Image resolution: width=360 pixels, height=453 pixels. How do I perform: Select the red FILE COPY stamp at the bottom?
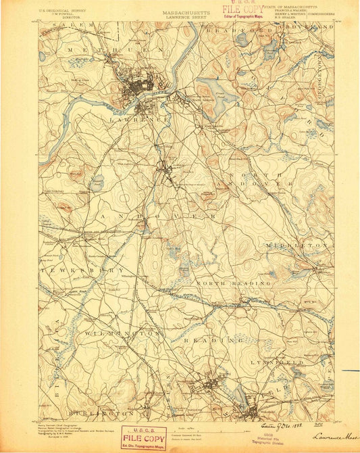144,437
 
